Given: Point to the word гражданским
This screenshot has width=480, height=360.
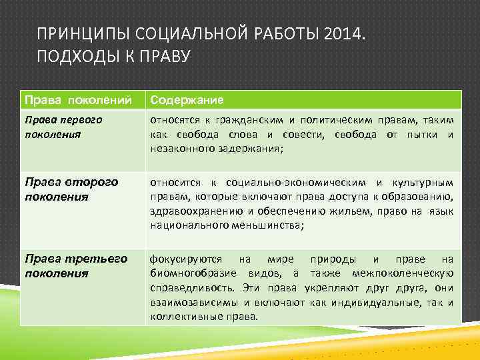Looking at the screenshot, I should (x=253, y=120).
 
